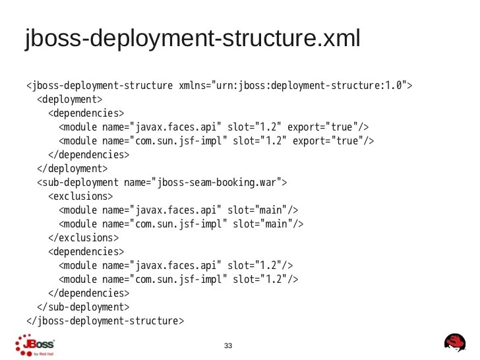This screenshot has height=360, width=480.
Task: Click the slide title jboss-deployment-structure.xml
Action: (x=193, y=39)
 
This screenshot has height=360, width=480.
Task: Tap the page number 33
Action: (x=229, y=345)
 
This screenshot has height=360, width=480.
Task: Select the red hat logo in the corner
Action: (x=455, y=344)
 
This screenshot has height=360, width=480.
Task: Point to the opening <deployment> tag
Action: (x=70, y=100)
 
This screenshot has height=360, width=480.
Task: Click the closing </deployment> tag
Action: (x=73, y=169)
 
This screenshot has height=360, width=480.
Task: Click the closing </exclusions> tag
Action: (x=84, y=238)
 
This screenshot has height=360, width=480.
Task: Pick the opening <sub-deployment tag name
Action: (x=78, y=183)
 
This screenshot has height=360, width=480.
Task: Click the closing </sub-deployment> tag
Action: (x=83, y=307)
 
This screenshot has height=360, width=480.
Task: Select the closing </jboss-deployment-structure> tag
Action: (x=105, y=321)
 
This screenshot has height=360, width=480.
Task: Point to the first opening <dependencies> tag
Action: (x=86, y=113)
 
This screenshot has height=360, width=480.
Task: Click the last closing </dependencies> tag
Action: (x=89, y=293)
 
